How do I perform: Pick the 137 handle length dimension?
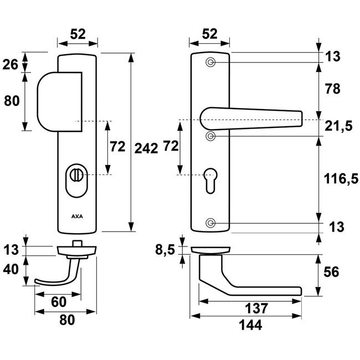250,308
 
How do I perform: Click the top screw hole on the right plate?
210,62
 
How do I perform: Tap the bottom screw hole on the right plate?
210,223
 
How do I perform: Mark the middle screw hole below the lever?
210,136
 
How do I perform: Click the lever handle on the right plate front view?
249,118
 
